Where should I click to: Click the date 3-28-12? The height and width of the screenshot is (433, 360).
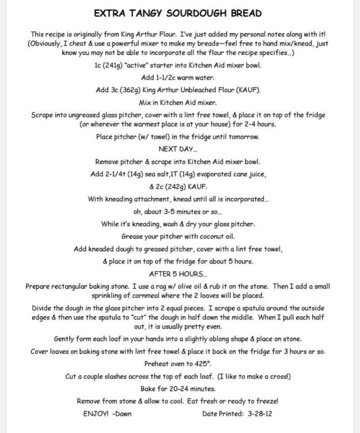(x=262, y=413)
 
